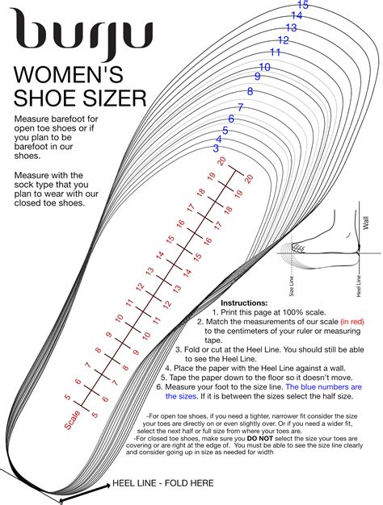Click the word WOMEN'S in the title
coord(68,77)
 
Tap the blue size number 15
coord(303,6)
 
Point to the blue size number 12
coord(283,40)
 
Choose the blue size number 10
coord(264,67)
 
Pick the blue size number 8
coord(250,92)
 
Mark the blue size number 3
coord(216,148)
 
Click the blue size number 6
coord(232,119)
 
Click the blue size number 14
coord(297,15)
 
